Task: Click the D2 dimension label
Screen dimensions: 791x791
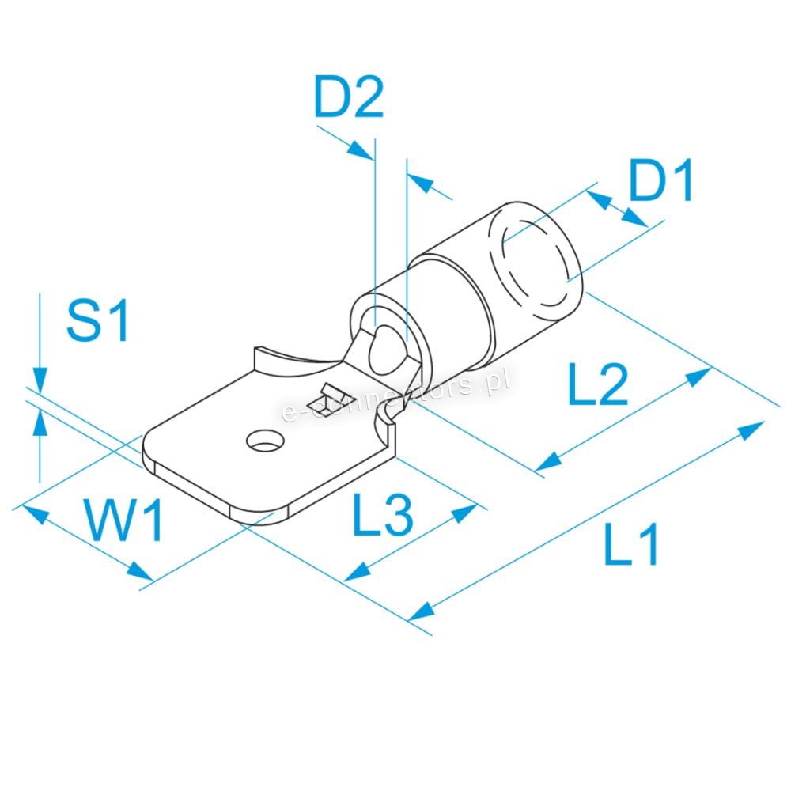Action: click(349, 97)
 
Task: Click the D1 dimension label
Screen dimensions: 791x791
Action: click(660, 180)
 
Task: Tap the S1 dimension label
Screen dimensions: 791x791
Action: click(97, 320)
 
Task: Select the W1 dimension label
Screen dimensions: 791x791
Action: click(124, 520)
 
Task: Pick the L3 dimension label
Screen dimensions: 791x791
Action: click(382, 514)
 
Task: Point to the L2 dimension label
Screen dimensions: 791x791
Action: click(598, 384)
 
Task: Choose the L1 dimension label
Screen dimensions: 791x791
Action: click(630, 544)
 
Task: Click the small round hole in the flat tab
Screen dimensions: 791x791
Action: click(265, 441)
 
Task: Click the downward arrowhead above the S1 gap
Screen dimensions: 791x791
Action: click(40, 380)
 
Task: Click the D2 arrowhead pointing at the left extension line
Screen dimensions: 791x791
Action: click(361, 150)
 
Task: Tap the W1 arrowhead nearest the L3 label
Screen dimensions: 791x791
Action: click(139, 572)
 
